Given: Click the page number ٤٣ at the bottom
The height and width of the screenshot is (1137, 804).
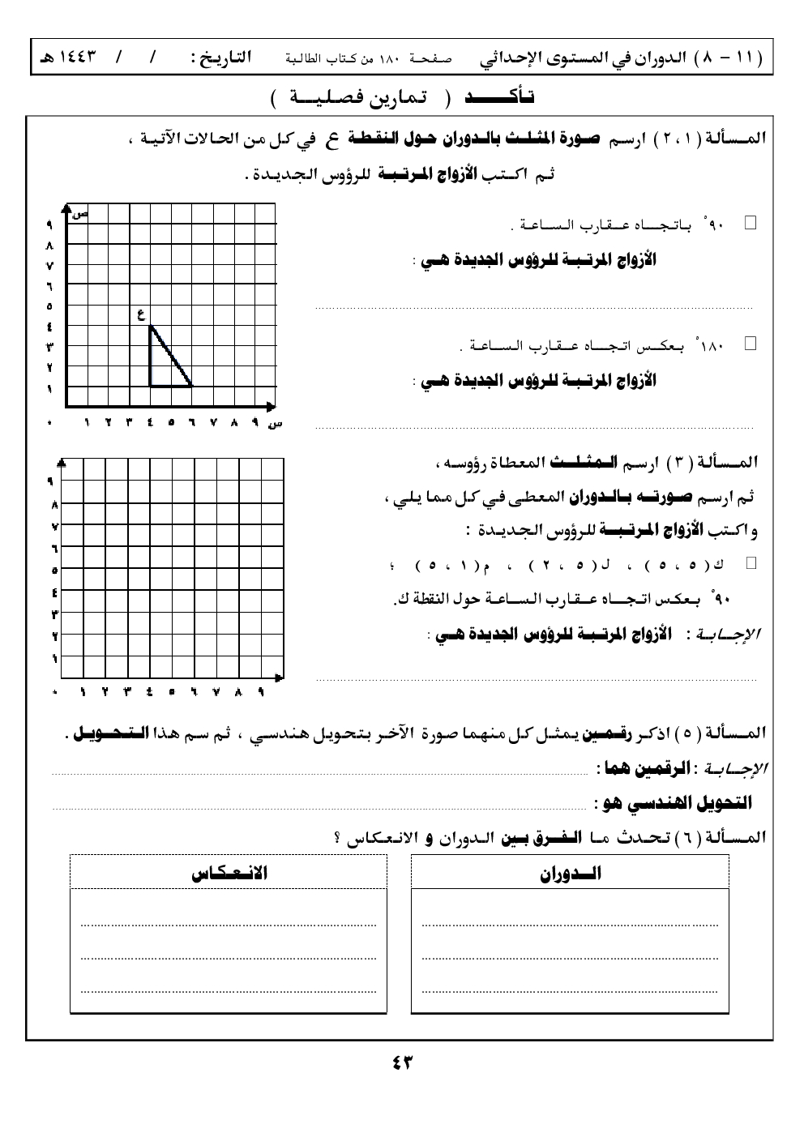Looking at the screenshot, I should pyautogui.click(x=402, y=1062).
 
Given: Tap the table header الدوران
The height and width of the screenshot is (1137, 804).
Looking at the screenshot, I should pyautogui.click(x=571, y=874).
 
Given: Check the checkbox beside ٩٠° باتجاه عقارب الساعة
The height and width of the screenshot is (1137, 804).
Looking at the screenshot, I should pyautogui.click(x=750, y=222).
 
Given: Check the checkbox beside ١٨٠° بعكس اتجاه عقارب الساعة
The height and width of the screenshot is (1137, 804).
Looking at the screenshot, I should pyautogui.click(x=750, y=344).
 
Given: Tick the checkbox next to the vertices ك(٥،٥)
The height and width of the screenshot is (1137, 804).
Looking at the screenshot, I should pyautogui.click(x=751, y=562).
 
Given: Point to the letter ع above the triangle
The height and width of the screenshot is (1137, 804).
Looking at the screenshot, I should pyautogui.click(x=141, y=314).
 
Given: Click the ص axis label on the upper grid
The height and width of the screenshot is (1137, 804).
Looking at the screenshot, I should pyautogui.click(x=79, y=214).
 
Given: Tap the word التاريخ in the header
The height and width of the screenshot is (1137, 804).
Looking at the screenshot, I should pyautogui.click(x=220, y=58).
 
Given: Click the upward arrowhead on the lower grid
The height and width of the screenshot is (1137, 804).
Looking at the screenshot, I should pyautogui.click(x=62, y=463).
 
